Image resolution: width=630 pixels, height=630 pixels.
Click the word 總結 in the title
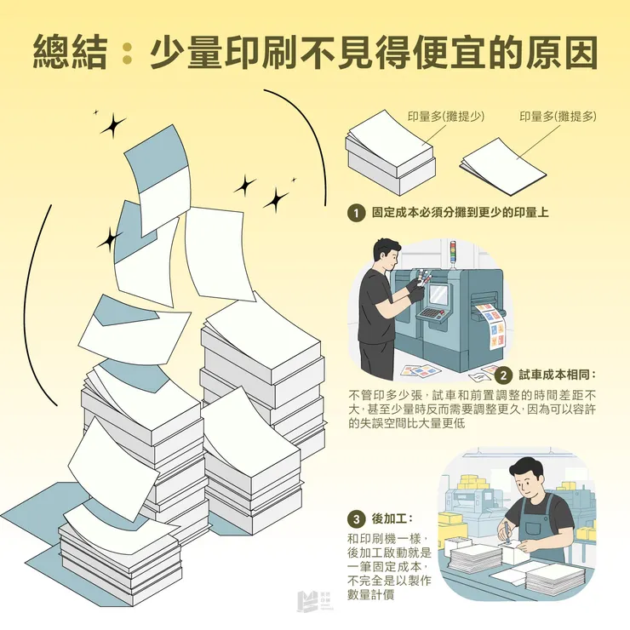pyautogui.click(x=70, y=53)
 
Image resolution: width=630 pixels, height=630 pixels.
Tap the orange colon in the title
pyautogui.click(x=127, y=54)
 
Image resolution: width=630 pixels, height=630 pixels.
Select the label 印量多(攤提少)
pyautogui.click(x=445, y=117)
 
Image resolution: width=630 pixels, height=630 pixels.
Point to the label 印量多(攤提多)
pyautogui.click(x=558, y=117)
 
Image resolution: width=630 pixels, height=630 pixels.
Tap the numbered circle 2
pyautogui.click(x=503, y=375)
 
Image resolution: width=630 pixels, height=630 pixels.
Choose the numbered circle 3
pyautogui.click(x=356, y=518)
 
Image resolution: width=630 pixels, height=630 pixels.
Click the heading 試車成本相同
pyautogui.click(x=558, y=375)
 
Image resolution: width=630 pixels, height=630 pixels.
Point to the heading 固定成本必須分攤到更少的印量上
pyautogui.click(x=460, y=213)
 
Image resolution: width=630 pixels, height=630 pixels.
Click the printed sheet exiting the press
pyautogui.click(x=490, y=324)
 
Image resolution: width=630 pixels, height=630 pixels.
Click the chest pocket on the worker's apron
pyautogui.click(x=537, y=519)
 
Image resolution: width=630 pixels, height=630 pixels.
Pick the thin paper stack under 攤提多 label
pyautogui.click(x=502, y=162)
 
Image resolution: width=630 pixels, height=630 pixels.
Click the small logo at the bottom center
pyautogui.click(x=315, y=601)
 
